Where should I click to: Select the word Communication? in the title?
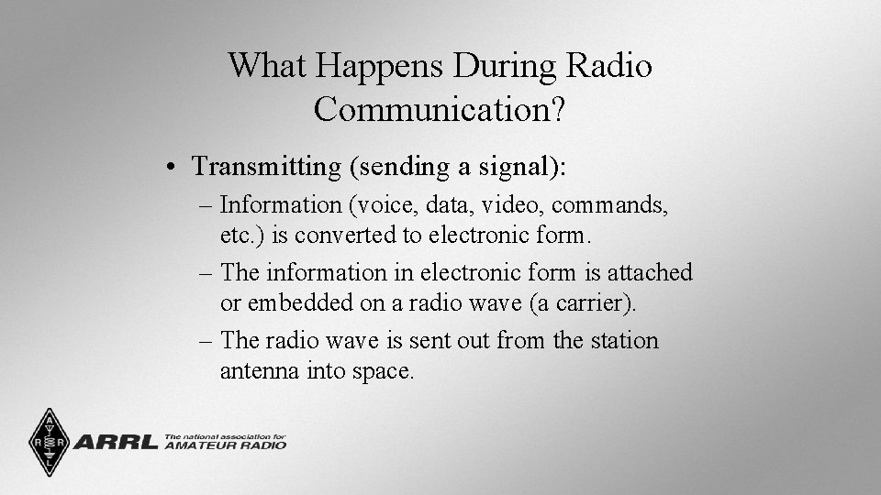coord(440,110)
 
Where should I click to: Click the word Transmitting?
coord(266,167)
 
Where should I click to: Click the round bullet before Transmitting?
coord(173,168)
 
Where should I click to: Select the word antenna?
coord(256,371)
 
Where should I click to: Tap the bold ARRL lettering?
coord(116,443)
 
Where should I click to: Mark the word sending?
coord(395,168)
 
